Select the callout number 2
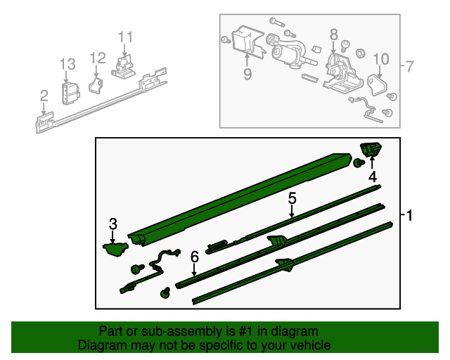[x=44, y=96]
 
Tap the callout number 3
[x=112, y=224]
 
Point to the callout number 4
[x=373, y=176]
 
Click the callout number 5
[x=292, y=199]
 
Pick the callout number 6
[x=194, y=258]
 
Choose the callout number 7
[x=410, y=67]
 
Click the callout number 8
[x=333, y=33]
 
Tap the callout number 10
[x=380, y=58]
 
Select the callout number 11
[x=125, y=37]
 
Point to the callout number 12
[x=98, y=58]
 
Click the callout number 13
[x=67, y=65]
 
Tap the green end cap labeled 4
[x=371, y=148]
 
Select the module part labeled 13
[x=70, y=93]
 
